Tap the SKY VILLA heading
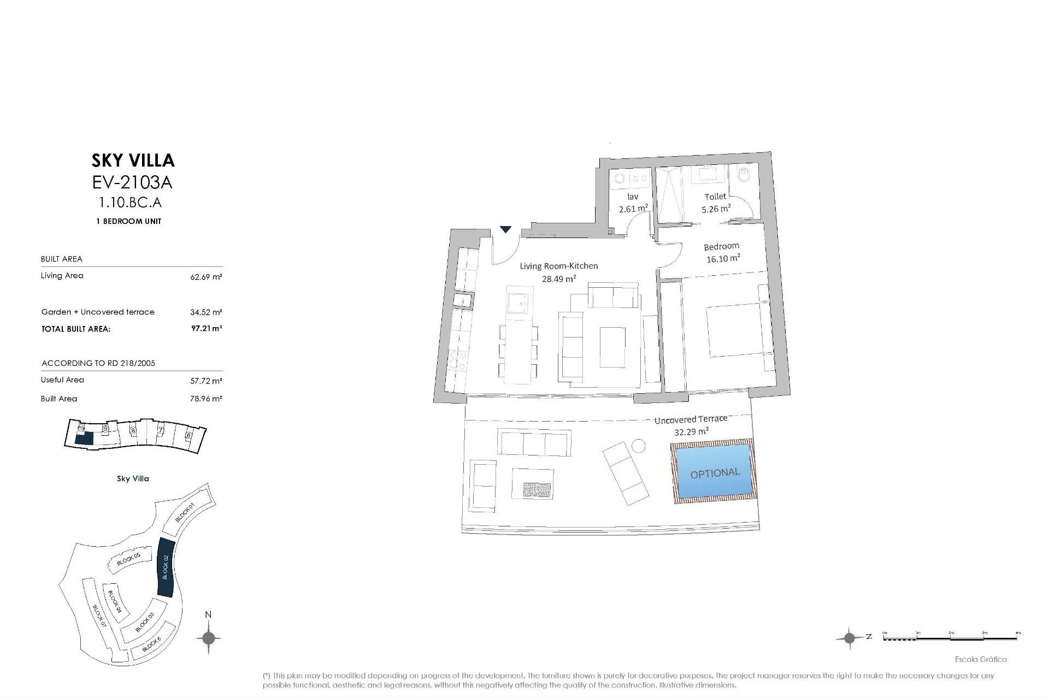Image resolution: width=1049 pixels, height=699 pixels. [133, 160]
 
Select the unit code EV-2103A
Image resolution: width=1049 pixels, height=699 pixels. [133, 181]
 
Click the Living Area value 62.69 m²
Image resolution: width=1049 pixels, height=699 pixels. [206, 277]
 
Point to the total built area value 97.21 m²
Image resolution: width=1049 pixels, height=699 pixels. [207, 329]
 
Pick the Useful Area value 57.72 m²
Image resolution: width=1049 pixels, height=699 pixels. [206, 381]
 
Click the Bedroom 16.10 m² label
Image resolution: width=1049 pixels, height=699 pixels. [722, 252]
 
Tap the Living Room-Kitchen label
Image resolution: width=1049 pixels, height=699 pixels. [558, 272]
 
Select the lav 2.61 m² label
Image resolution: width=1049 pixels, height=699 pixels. [633, 203]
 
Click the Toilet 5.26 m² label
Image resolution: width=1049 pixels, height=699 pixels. [716, 203]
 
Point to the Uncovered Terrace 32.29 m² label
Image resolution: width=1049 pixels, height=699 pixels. [691, 425]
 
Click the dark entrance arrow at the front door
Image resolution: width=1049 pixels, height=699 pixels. [506, 229]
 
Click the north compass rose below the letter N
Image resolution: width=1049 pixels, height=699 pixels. [208, 638]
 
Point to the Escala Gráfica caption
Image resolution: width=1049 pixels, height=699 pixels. [981, 659]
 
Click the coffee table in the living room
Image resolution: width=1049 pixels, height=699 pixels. [612, 347]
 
